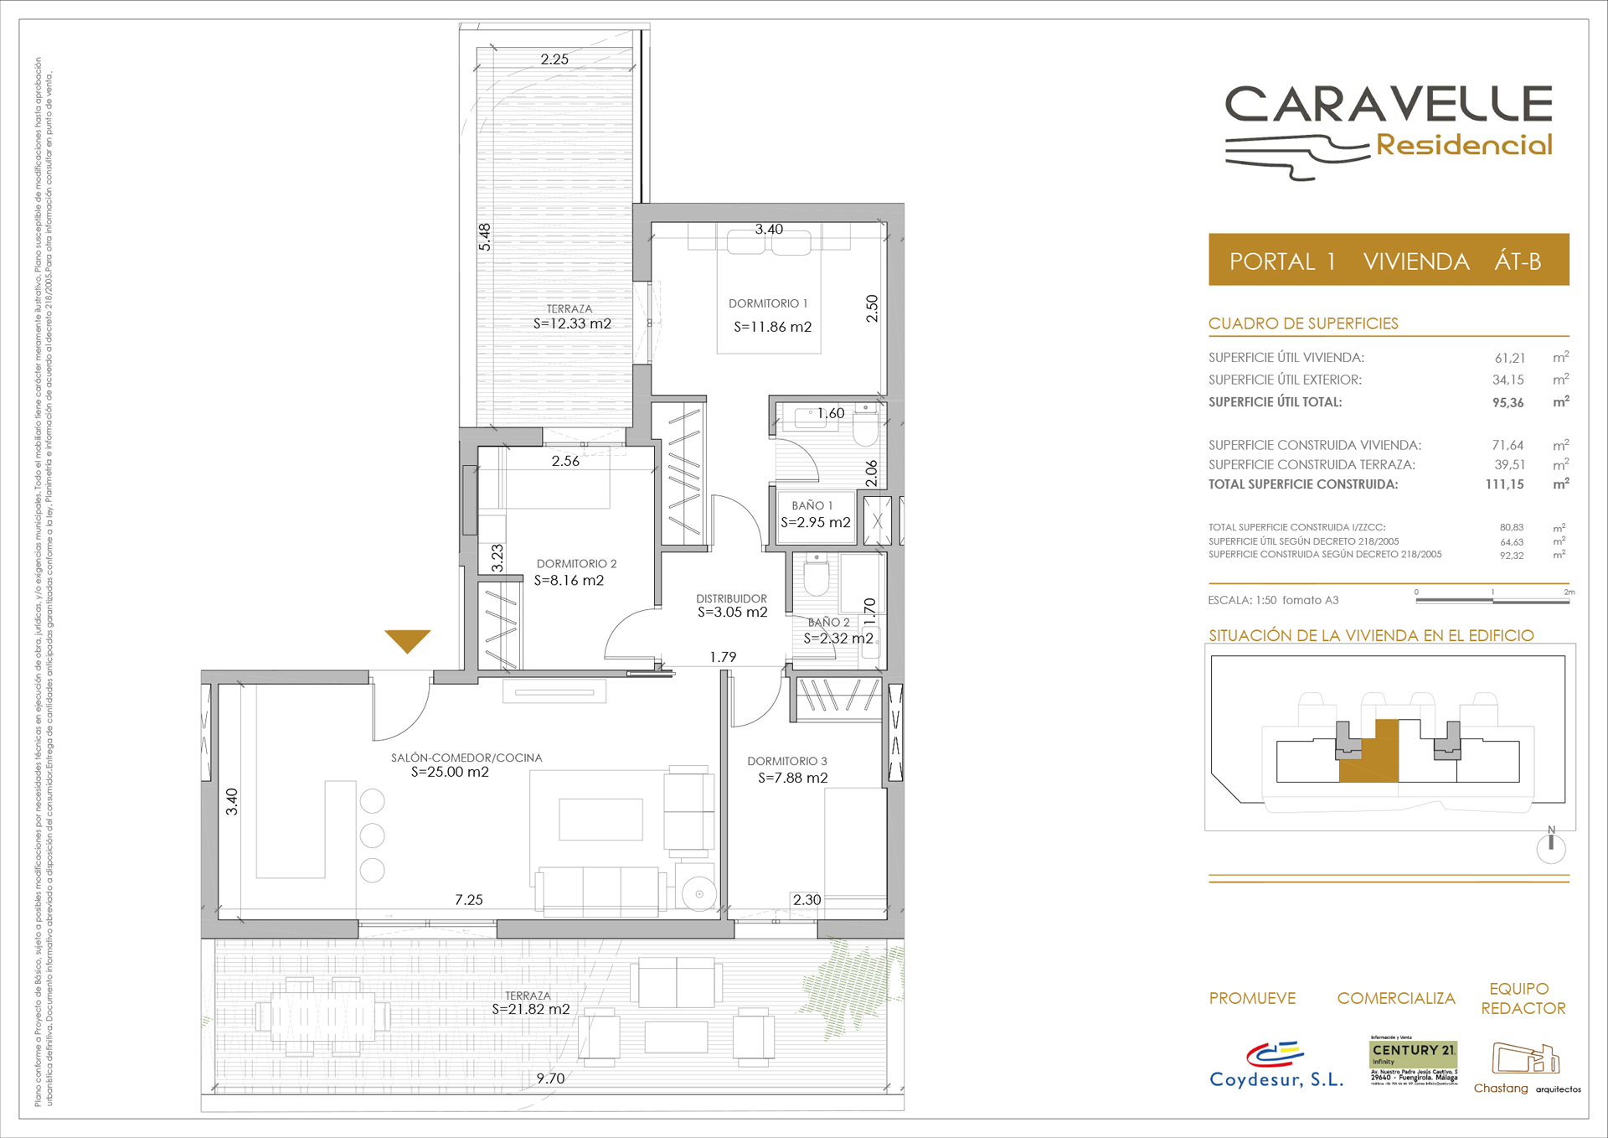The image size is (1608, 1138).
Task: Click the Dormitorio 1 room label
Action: point(768,303)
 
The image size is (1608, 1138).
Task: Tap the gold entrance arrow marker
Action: point(407,640)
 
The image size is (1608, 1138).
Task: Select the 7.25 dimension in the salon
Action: point(469,900)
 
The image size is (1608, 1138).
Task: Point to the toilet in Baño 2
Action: point(816,577)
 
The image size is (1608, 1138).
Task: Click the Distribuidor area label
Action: point(731,598)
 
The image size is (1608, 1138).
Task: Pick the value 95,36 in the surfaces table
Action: point(1507,403)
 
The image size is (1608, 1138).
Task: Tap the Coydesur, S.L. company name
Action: point(1276,1079)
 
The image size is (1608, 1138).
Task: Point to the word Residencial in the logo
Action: point(1464,145)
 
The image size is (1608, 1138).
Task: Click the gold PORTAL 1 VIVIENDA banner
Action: point(1388,261)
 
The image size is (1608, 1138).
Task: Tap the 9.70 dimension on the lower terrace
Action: point(550,1079)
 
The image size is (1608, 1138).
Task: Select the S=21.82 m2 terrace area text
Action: point(531,1010)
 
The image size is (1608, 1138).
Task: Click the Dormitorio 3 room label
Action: point(787,761)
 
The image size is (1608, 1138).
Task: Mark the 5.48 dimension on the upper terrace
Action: point(485,237)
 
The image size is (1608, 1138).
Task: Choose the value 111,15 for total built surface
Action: point(1504,484)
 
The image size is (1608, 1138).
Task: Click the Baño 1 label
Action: point(812,505)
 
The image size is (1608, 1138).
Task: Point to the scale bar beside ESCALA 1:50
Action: point(1491,599)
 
